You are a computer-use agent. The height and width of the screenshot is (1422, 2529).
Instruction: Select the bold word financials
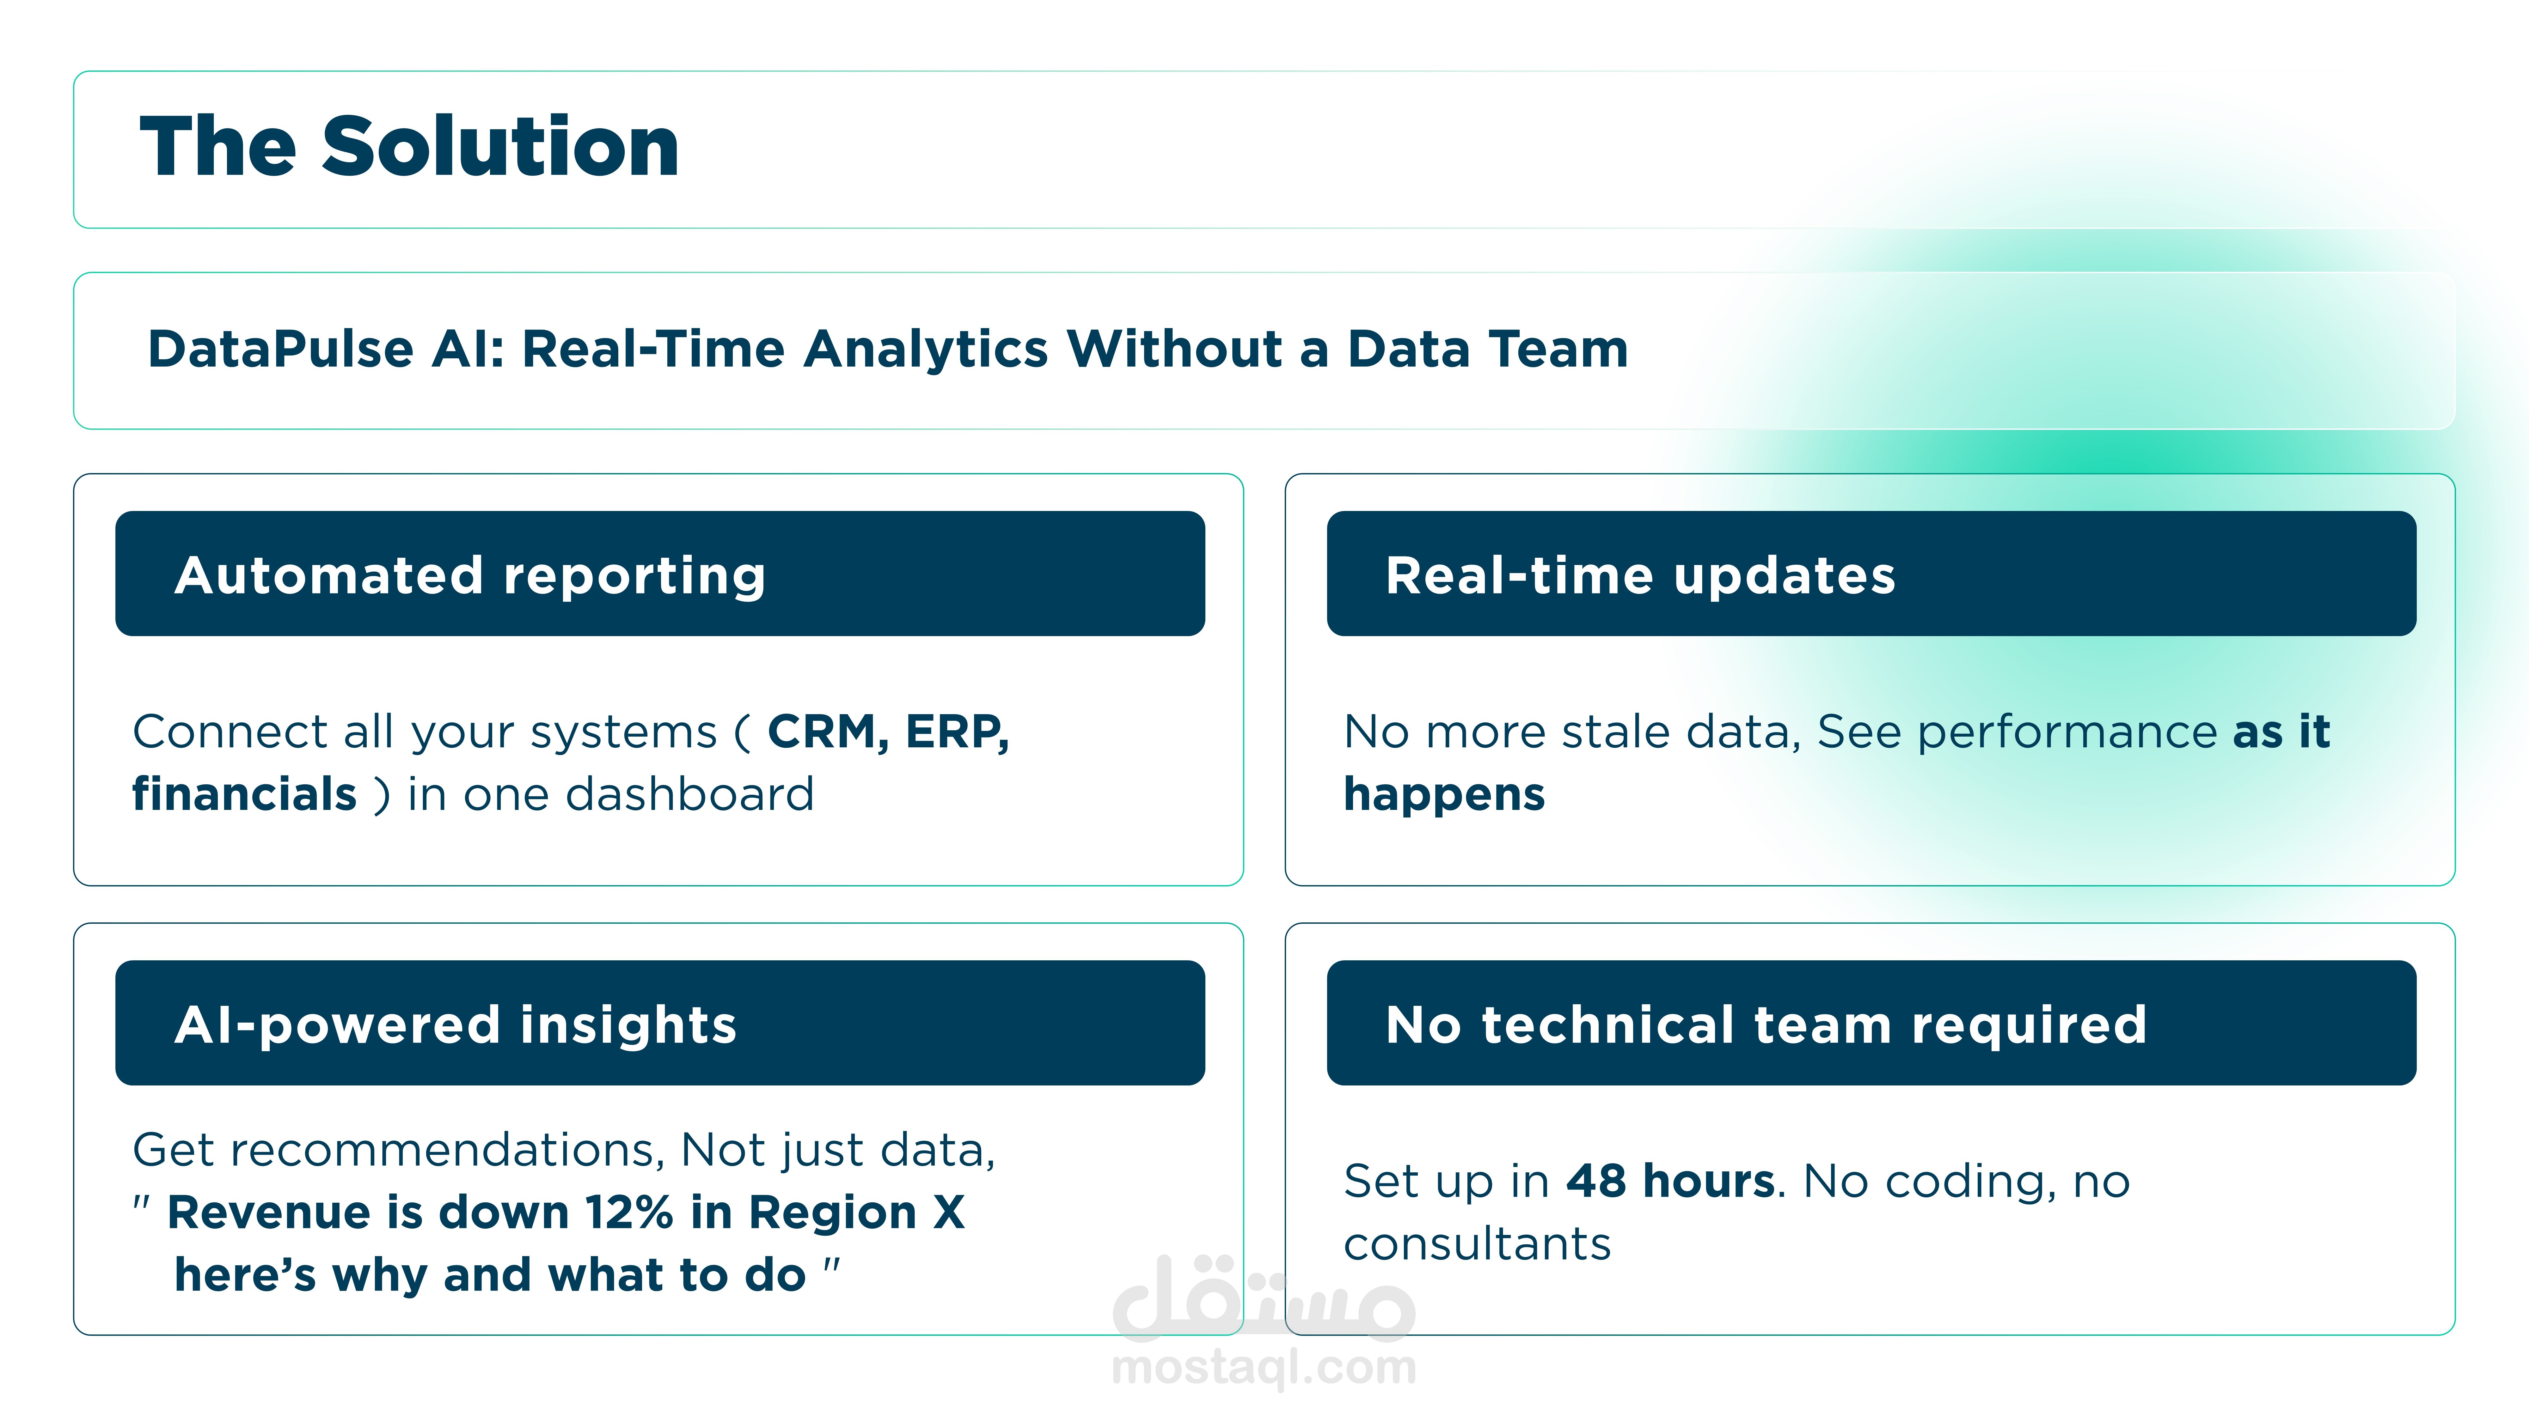244,794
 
